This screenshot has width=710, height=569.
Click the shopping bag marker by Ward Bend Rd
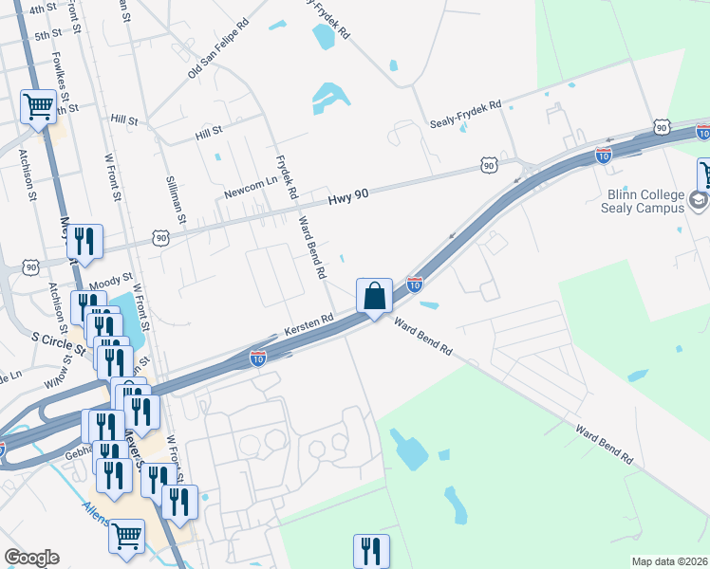pyautogui.click(x=375, y=297)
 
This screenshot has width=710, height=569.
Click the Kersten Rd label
pyautogui.click(x=308, y=327)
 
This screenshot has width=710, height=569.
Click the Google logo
pyautogui.click(x=32, y=558)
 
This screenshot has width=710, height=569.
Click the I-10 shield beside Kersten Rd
pyautogui.click(x=258, y=358)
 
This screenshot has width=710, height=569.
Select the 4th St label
pyautogui.click(x=43, y=9)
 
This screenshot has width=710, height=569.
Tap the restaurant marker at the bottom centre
pyautogui.click(x=371, y=549)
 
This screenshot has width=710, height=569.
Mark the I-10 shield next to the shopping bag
pyautogui.click(x=414, y=283)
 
